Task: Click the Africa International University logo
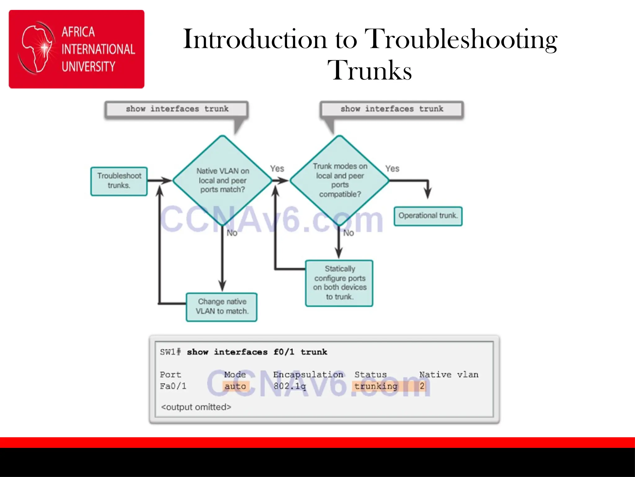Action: [x=76, y=49]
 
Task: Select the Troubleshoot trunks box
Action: [x=119, y=181]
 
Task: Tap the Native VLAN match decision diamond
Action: [x=222, y=180]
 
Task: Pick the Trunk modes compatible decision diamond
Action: [x=340, y=180]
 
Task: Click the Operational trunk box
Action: [x=428, y=216]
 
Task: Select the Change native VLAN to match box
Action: [x=222, y=307]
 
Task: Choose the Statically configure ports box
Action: [x=339, y=283]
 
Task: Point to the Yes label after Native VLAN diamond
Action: [x=277, y=169]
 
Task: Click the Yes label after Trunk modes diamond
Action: [x=392, y=169]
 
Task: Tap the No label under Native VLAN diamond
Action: [x=232, y=233]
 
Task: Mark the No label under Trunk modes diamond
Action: [x=349, y=233]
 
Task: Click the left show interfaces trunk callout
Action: [x=177, y=109]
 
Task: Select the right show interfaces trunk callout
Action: [x=392, y=109]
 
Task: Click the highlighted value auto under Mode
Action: [x=235, y=386]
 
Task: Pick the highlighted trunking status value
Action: [x=376, y=386]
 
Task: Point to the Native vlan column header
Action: [x=449, y=375]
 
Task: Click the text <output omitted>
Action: [x=196, y=407]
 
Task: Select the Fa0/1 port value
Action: [x=173, y=386]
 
